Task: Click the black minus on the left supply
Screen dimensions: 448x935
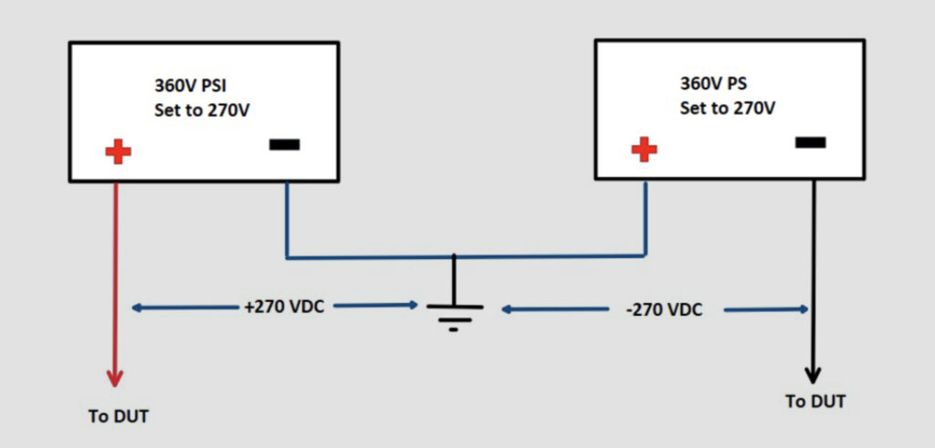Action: (283, 144)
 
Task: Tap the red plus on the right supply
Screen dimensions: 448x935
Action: (644, 148)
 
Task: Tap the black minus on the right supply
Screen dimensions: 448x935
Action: (810, 141)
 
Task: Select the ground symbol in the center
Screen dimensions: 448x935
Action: (453, 316)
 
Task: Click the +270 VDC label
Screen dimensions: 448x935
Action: (284, 307)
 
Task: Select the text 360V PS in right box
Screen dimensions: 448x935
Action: (713, 83)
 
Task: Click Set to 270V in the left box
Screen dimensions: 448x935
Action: (204, 116)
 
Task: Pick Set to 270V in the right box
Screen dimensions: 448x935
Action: (727, 109)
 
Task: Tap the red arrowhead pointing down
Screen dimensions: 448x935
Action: (114, 377)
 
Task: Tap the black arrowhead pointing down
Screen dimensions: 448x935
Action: (813, 374)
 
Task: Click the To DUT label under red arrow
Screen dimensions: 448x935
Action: (118, 417)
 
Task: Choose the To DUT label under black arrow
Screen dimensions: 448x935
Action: (815, 401)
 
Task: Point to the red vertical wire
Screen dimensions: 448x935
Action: (115, 274)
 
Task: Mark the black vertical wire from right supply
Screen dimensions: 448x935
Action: (813, 274)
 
